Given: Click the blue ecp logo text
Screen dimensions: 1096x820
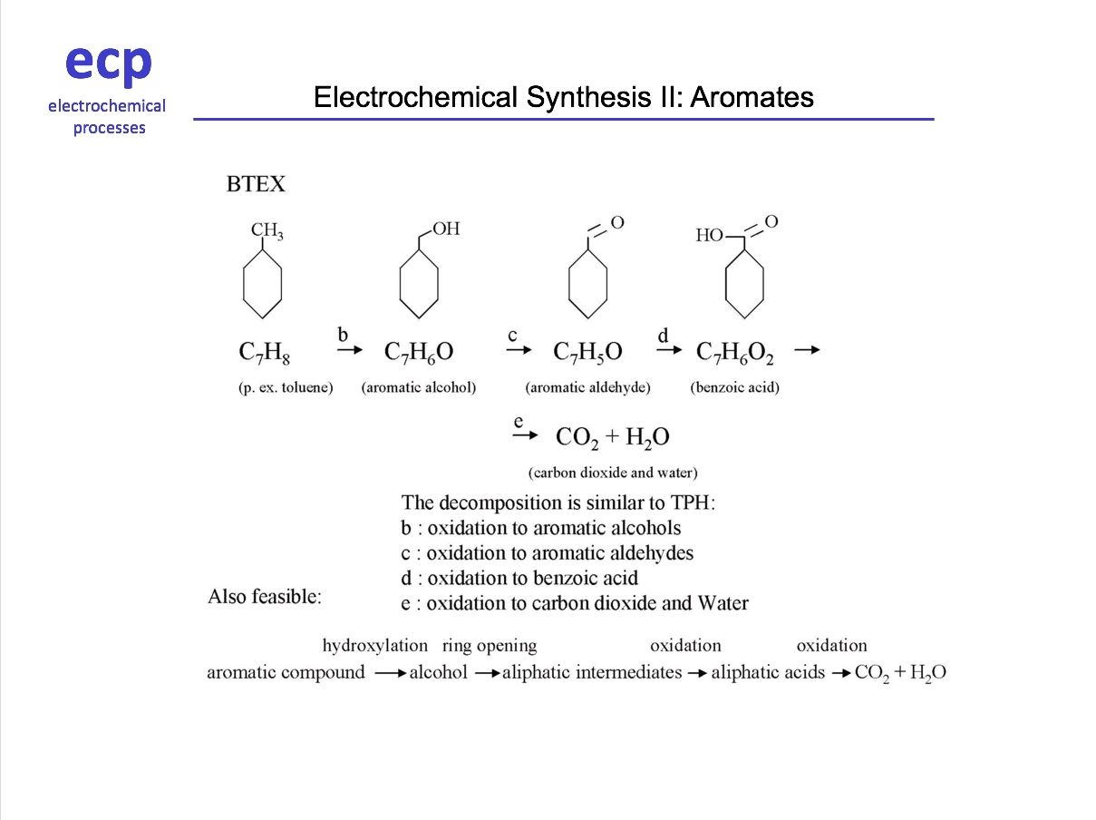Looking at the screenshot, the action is (109, 64).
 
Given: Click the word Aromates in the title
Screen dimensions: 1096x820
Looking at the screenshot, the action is (752, 97).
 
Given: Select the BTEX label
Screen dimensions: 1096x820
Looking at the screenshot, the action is (256, 184).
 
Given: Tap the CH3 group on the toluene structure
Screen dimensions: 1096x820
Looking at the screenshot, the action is (267, 230).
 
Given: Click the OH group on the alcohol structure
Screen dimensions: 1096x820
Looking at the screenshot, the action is (446, 229).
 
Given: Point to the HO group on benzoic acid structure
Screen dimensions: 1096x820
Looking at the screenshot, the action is (709, 235).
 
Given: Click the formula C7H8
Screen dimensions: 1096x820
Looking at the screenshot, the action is (264, 352).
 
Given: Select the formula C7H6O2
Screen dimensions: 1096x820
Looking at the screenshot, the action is (734, 352).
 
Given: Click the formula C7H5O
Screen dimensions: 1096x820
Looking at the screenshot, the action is (587, 352).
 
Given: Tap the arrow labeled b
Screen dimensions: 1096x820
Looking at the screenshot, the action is (350, 349).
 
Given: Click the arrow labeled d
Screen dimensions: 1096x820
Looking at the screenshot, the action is (669, 349).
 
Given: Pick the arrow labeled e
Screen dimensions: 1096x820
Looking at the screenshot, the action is (525, 435).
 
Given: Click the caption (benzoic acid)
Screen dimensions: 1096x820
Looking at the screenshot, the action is (734, 387).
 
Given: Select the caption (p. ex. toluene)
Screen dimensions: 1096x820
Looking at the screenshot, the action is (286, 387).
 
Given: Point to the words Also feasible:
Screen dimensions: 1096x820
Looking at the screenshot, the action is (265, 596).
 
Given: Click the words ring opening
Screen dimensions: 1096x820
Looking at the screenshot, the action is (490, 646).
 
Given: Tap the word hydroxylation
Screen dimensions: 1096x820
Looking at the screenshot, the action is (375, 646).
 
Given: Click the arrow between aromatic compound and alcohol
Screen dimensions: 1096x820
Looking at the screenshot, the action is (391, 674).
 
